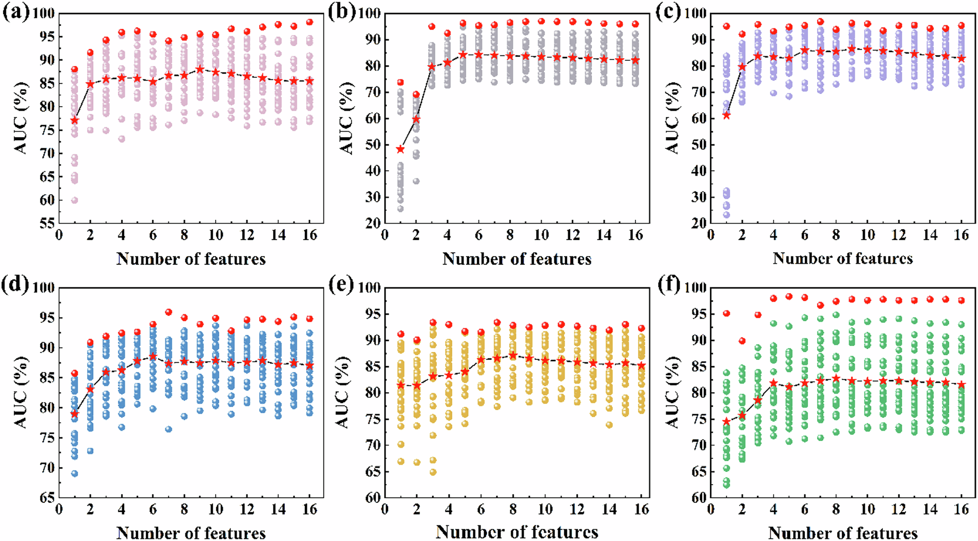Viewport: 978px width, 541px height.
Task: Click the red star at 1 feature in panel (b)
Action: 400,149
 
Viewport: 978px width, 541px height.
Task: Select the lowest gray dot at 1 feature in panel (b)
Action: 400,209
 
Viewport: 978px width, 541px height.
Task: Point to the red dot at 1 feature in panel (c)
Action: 727,26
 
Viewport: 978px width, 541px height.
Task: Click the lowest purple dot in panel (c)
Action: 727,215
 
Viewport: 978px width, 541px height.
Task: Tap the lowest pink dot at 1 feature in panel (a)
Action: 74,200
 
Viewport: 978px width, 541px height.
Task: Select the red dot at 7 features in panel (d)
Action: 169,312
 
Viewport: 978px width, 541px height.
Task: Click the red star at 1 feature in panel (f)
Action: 727,421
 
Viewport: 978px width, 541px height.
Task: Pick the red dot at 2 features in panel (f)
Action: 742,341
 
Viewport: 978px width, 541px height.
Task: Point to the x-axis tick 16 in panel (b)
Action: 635,235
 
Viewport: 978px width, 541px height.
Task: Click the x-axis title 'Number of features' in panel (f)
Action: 842,533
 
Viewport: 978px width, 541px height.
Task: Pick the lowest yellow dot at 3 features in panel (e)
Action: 433,472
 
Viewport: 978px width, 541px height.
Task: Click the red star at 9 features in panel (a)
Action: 200,69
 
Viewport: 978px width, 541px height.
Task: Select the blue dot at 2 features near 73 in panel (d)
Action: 90,451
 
